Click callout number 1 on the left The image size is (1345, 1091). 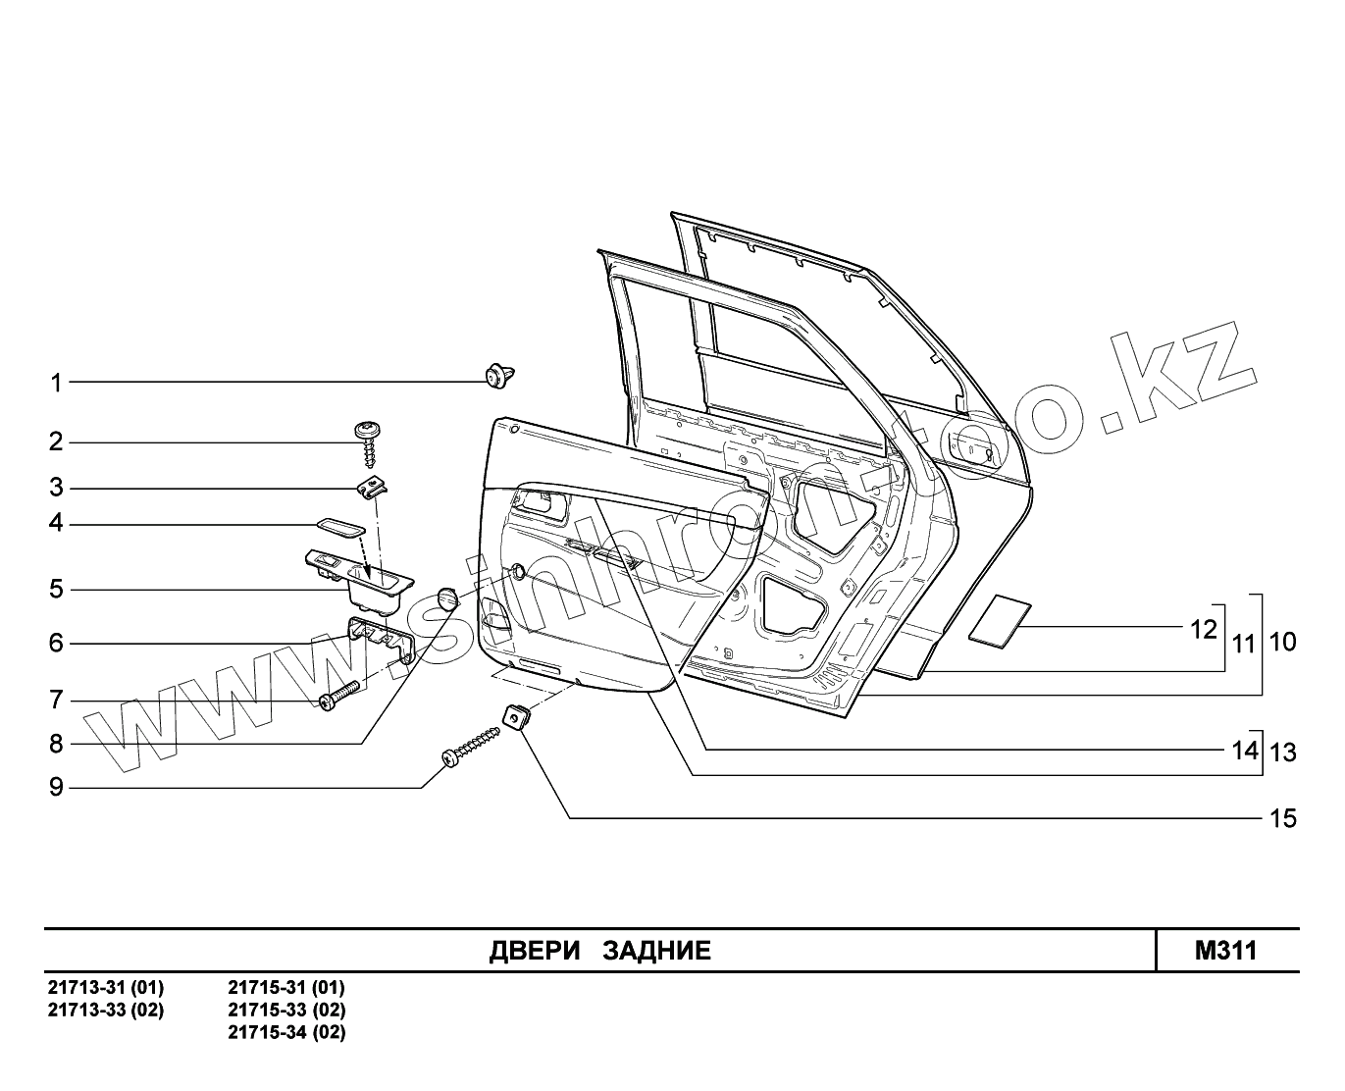(57, 383)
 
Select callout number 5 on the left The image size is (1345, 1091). (57, 590)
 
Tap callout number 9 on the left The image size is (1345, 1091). (57, 787)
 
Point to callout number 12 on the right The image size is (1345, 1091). (1203, 629)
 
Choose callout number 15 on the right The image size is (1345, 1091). (1283, 818)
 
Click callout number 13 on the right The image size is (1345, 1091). (1283, 753)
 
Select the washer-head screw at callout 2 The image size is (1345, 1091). (369, 441)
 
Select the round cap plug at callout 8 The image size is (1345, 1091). (447, 597)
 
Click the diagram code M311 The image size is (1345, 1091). (1225, 950)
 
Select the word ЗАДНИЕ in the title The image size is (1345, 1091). (656, 951)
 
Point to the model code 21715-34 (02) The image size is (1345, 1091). (286, 1032)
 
